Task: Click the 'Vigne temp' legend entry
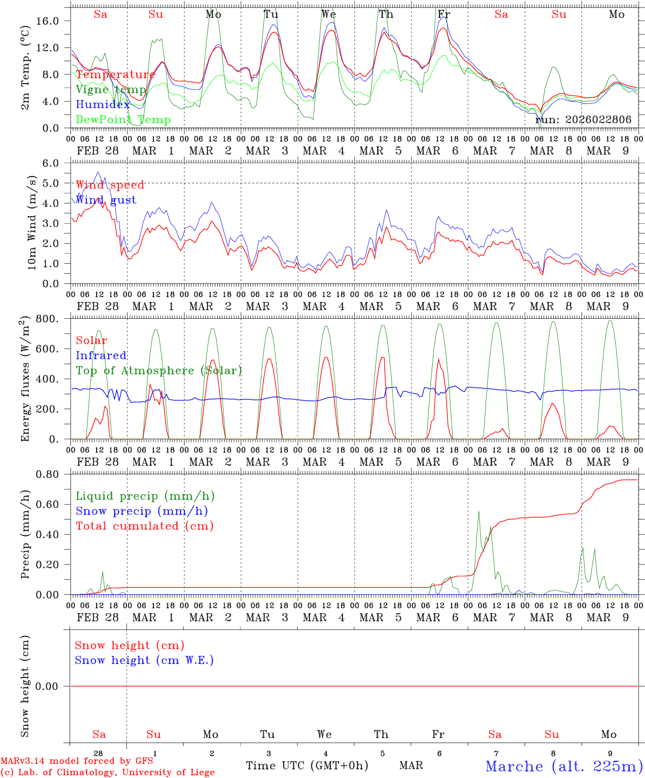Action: coord(111,90)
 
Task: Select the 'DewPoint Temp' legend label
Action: coord(123,120)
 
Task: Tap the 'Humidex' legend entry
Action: coord(103,105)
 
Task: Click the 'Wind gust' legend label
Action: coord(106,200)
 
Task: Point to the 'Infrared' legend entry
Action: coord(101,356)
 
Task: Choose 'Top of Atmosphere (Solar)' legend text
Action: coord(159,371)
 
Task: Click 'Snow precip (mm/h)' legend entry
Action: coord(142,511)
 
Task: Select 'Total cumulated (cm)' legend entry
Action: coord(144,526)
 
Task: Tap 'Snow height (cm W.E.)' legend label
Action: coord(144,660)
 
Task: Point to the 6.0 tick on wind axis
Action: coord(57,163)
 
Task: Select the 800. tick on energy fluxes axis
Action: coord(55,319)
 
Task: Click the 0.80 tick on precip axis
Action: coord(54,474)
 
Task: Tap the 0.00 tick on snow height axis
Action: coord(54,686)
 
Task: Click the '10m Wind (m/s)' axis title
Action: coord(32,223)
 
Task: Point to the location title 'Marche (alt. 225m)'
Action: coord(564,766)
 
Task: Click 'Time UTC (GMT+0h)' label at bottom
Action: coord(307,766)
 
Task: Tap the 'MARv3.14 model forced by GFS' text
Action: coord(76,761)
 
